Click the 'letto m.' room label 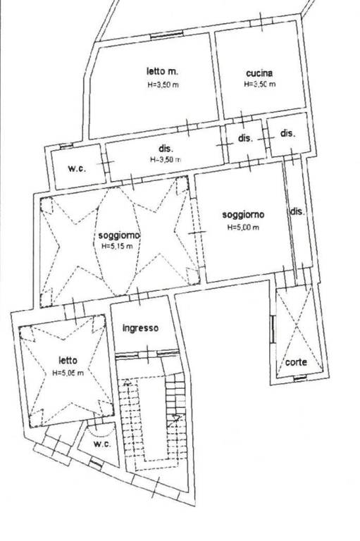coord(162,71)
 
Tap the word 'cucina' coord(259,73)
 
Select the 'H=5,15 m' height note coord(117,247)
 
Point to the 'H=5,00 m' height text coord(243,228)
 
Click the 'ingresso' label coord(140,328)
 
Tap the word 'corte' coord(296,362)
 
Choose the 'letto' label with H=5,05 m coord(68,361)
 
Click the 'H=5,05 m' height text coord(68,373)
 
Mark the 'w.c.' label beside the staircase coord(102,444)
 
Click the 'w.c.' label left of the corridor coord(77,169)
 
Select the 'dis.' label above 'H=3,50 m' coord(166,149)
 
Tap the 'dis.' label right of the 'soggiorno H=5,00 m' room coord(297,211)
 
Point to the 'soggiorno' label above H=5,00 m coord(243,215)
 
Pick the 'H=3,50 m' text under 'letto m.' coord(163,85)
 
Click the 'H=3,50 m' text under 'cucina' coord(259,84)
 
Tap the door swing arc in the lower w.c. coord(101,433)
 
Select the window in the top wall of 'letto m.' coord(167,35)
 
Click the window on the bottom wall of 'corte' coord(300,378)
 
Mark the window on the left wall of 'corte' coord(273,329)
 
